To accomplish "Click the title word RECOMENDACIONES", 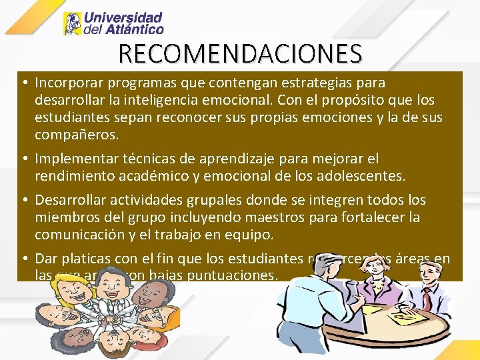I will tap(240, 53).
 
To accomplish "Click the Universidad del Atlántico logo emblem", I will tap(72, 24).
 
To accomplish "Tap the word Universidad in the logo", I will tap(124, 18).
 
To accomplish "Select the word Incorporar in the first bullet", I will tap(65, 83).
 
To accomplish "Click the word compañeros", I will tap(77, 135).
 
